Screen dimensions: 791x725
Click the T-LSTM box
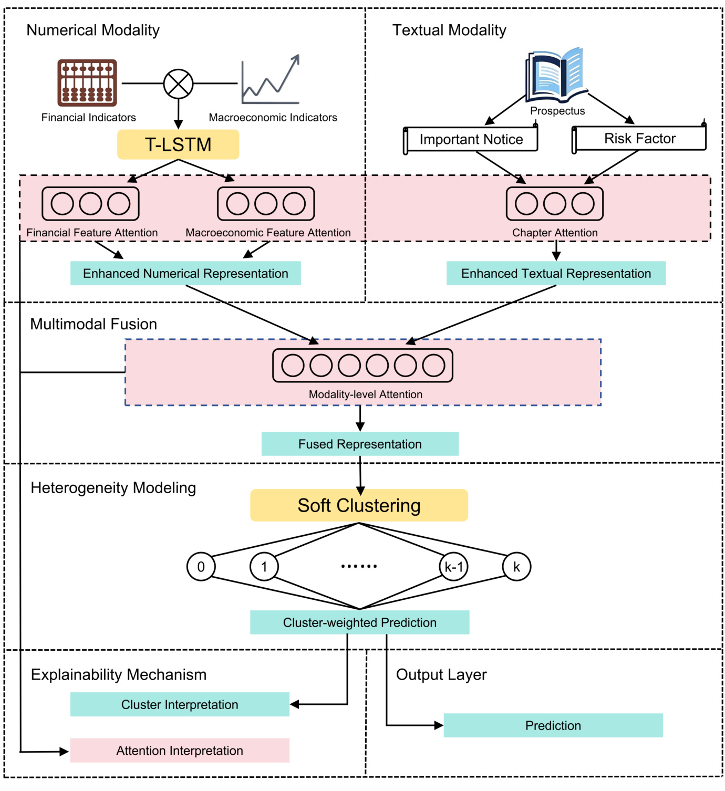(x=178, y=144)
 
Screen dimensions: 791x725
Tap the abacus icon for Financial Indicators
(x=87, y=83)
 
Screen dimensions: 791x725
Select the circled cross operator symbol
(x=179, y=84)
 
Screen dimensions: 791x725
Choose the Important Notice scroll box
(x=471, y=140)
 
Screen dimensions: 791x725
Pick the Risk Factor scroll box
(x=639, y=139)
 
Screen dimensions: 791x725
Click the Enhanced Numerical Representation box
(x=185, y=274)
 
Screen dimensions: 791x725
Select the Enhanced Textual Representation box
(x=556, y=274)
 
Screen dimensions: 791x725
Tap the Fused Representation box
(x=360, y=444)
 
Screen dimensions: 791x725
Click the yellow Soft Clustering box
(x=359, y=505)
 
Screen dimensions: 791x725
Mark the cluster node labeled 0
(x=201, y=567)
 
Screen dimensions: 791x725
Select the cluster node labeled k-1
(x=454, y=567)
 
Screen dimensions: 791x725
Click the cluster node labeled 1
(x=264, y=567)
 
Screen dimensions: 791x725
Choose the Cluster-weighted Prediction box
(x=359, y=622)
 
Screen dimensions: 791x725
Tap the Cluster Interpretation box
(x=180, y=705)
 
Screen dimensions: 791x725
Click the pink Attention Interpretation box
(x=180, y=751)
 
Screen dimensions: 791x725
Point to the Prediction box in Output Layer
(x=553, y=726)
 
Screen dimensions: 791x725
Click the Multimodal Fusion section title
(x=94, y=324)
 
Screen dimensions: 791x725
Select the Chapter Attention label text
(x=555, y=233)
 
